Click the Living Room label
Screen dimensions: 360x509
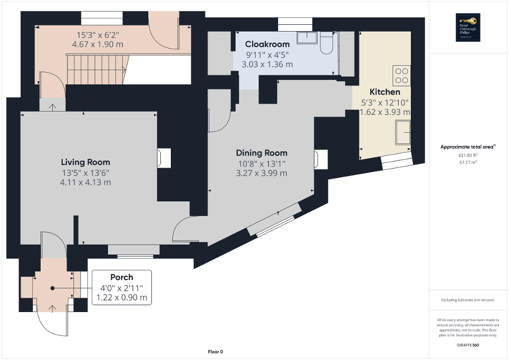tap(85, 162)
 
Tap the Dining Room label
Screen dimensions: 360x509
tap(261, 153)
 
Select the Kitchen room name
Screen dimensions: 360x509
tap(385, 92)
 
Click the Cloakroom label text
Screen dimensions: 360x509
tap(267, 44)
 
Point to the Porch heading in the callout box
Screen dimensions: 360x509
tap(121, 277)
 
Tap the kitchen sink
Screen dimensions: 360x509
tap(404, 132)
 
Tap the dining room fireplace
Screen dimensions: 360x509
tap(320, 159)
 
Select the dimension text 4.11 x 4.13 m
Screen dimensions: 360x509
tap(85, 182)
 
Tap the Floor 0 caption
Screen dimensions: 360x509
tap(215, 352)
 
